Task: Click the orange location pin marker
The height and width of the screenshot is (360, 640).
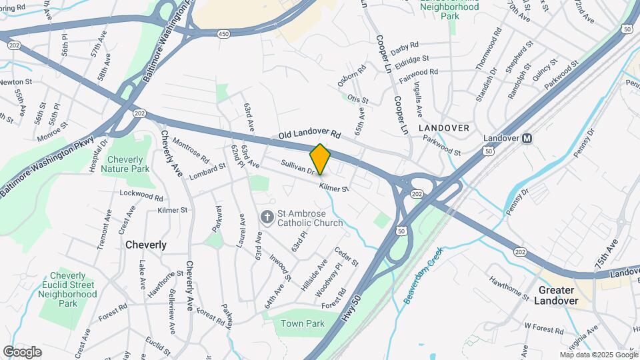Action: point(320,159)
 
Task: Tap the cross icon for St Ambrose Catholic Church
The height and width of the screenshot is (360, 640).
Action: point(267,217)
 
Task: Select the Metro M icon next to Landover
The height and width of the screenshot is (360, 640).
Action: point(527,139)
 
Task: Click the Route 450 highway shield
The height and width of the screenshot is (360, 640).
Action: point(224,33)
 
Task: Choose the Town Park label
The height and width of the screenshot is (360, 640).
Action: point(302,324)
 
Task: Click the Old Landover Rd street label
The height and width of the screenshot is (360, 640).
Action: point(310,135)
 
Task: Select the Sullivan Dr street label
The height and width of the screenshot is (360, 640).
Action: point(297,167)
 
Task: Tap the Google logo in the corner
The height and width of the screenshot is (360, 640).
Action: point(22,352)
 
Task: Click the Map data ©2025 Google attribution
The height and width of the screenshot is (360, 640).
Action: point(598,355)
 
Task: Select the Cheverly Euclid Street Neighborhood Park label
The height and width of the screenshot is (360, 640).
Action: point(68,289)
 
